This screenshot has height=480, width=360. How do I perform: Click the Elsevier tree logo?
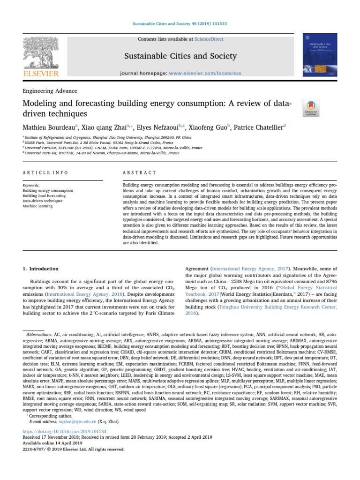pyautogui.click(x=41, y=53)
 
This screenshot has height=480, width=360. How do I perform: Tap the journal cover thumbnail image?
pyautogui.click(x=321, y=55)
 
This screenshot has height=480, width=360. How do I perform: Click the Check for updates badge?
pyautogui.click(x=311, y=108)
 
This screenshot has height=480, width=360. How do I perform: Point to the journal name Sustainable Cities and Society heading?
pyautogui.click(x=180, y=56)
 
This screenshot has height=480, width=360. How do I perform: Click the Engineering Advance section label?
pyautogui.click(x=50, y=91)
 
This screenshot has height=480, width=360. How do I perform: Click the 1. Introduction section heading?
pyautogui.click(x=41, y=269)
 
